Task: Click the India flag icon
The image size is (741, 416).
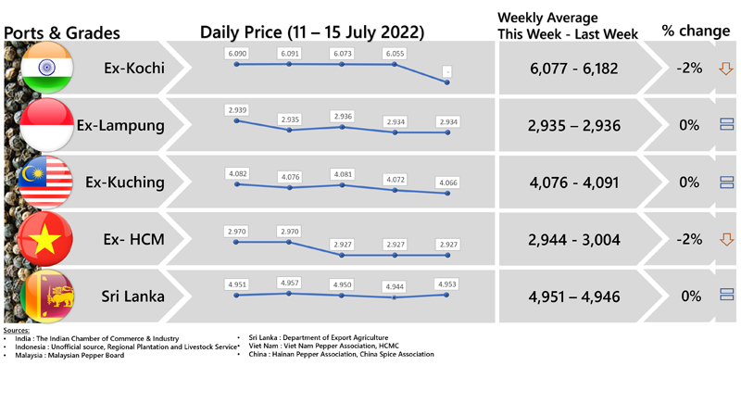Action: [x=46, y=68]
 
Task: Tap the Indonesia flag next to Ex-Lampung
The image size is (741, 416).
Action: [x=46, y=125]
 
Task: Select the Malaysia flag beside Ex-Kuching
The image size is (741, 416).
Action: [x=46, y=183]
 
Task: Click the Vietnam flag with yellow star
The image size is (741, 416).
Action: [x=46, y=239]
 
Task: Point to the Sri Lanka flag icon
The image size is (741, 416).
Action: [x=46, y=296]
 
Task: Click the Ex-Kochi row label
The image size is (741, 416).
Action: [x=134, y=68]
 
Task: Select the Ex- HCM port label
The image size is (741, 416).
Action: [x=133, y=239]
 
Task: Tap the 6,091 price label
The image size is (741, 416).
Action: [x=290, y=54]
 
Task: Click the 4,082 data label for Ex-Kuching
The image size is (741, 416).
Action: [x=237, y=173]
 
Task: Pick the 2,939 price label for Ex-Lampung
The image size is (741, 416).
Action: [x=237, y=110]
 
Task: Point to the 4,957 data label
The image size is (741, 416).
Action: [x=290, y=283]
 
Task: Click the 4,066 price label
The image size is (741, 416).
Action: [x=447, y=183]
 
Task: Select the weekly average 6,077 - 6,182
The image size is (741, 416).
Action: [x=574, y=69]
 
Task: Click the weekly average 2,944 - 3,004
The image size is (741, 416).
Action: [x=574, y=240]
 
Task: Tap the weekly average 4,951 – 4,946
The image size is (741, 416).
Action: [x=574, y=297]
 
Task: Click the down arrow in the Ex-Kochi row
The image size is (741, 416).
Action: [x=726, y=69]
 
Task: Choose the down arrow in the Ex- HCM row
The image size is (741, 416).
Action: [x=726, y=239]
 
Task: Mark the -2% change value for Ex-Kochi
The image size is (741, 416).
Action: [x=689, y=68]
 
